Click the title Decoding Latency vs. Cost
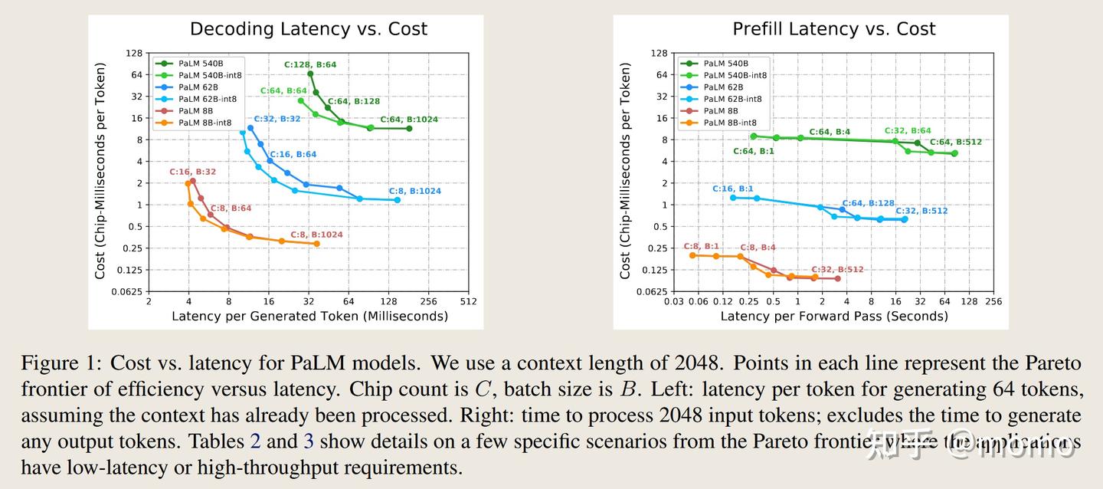[308, 29]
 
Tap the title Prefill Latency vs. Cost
[834, 29]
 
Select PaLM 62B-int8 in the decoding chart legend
[207, 99]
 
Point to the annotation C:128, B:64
[310, 65]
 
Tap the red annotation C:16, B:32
[192, 172]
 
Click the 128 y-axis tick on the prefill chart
[658, 54]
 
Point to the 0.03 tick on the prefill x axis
[674, 302]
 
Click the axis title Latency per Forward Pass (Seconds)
[833, 316]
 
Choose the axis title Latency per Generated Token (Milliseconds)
[309, 316]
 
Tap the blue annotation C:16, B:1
[732, 189]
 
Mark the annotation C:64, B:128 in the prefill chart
[868, 203]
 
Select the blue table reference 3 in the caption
[309, 441]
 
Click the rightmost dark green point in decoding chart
[409, 129]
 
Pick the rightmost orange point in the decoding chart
[316, 244]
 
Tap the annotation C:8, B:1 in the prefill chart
[701, 247]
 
